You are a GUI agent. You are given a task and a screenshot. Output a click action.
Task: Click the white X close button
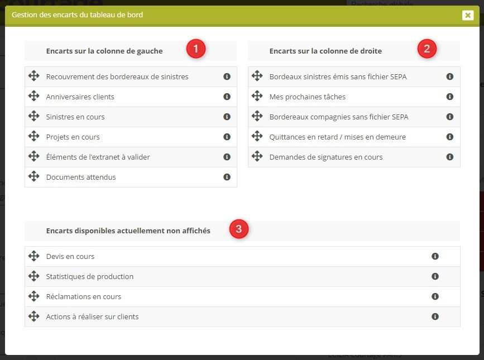click(x=468, y=15)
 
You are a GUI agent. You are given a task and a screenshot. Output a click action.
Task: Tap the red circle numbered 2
click(x=427, y=49)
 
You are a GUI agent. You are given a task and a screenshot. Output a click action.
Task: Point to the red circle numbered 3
click(x=239, y=229)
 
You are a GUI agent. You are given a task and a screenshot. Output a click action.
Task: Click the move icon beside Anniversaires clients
click(x=33, y=96)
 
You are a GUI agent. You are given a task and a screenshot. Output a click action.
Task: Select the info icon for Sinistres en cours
click(x=227, y=117)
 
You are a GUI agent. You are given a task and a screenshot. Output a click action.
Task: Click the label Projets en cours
click(x=73, y=137)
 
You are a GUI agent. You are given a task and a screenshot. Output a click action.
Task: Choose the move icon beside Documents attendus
click(x=33, y=176)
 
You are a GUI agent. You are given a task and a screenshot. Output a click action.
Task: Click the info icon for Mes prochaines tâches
click(x=450, y=97)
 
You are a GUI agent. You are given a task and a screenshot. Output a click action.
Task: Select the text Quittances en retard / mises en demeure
click(x=337, y=137)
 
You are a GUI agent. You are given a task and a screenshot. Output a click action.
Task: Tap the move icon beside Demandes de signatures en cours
click(x=257, y=156)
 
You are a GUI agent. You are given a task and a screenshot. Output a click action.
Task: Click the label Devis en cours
click(x=70, y=256)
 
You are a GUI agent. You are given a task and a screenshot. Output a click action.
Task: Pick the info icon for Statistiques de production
click(x=435, y=276)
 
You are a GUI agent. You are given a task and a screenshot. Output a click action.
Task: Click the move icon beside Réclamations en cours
click(x=33, y=296)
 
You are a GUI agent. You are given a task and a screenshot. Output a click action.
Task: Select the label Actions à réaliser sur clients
click(x=92, y=316)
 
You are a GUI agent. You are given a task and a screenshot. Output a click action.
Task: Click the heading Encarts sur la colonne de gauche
click(x=104, y=51)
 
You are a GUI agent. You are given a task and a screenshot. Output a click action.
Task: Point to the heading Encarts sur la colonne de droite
click(x=325, y=51)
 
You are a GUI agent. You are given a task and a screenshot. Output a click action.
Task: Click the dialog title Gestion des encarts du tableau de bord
click(x=77, y=15)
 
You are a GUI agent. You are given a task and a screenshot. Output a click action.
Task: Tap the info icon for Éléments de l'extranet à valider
click(x=227, y=157)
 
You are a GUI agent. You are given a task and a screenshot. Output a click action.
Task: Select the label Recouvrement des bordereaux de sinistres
click(x=117, y=76)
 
